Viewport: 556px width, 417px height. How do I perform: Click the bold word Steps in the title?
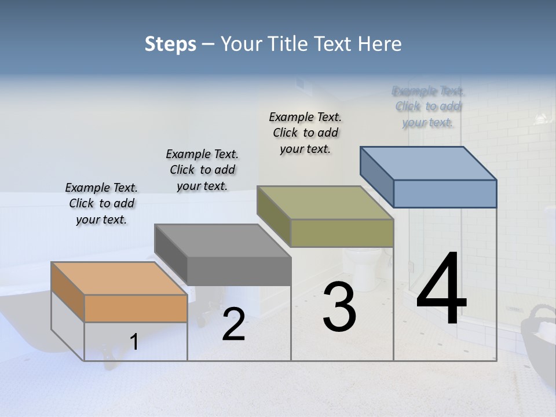click(170, 44)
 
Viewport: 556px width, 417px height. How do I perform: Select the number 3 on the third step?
click(339, 308)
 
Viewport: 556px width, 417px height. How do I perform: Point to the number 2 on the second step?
click(234, 324)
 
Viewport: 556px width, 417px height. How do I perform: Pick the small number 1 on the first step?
click(134, 342)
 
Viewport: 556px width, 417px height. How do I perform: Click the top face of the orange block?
click(119, 279)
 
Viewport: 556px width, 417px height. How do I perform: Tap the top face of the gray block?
click(223, 241)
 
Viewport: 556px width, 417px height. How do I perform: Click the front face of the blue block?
click(445, 193)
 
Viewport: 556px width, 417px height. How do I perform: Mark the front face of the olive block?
click(342, 233)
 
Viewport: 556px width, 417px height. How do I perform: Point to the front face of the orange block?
click(136, 308)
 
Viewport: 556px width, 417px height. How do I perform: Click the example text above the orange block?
click(101, 203)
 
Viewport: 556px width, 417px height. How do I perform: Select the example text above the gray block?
click(202, 170)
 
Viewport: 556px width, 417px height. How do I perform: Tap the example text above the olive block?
click(305, 133)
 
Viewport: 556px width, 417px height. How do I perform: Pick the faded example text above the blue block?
click(429, 107)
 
